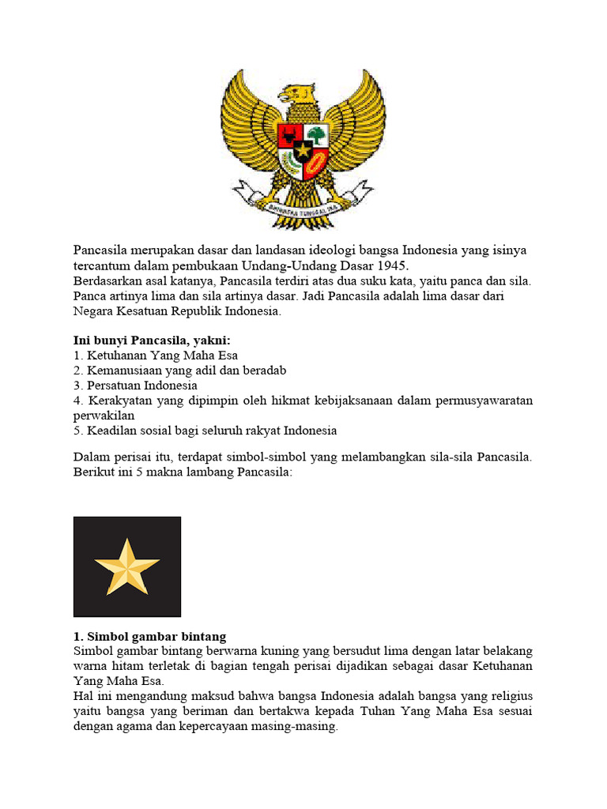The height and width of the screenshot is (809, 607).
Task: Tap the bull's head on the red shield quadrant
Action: click(x=289, y=133)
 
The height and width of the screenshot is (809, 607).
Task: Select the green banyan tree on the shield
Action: click(x=316, y=134)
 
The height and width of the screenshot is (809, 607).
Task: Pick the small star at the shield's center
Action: click(x=303, y=149)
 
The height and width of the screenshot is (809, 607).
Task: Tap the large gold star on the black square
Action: click(x=126, y=566)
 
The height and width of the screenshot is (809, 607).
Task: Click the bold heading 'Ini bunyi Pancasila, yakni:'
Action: click(x=152, y=341)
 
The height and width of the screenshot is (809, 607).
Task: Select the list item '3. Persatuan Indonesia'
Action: click(x=135, y=386)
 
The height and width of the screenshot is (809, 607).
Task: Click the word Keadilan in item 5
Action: click(x=112, y=431)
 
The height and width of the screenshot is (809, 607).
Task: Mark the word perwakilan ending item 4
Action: click(x=104, y=416)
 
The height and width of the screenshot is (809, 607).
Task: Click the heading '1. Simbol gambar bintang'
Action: click(x=150, y=636)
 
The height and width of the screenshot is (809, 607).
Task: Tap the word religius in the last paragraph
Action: click(x=511, y=696)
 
